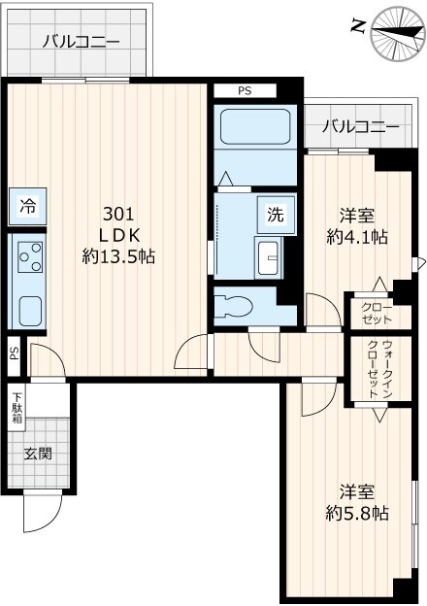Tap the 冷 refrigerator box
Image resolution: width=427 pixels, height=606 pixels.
click(x=29, y=206)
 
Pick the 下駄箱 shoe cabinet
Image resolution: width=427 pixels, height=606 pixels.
click(x=17, y=405)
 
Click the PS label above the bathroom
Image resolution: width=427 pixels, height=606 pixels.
click(x=245, y=90)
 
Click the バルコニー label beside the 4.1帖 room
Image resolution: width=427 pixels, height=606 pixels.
click(x=359, y=126)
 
